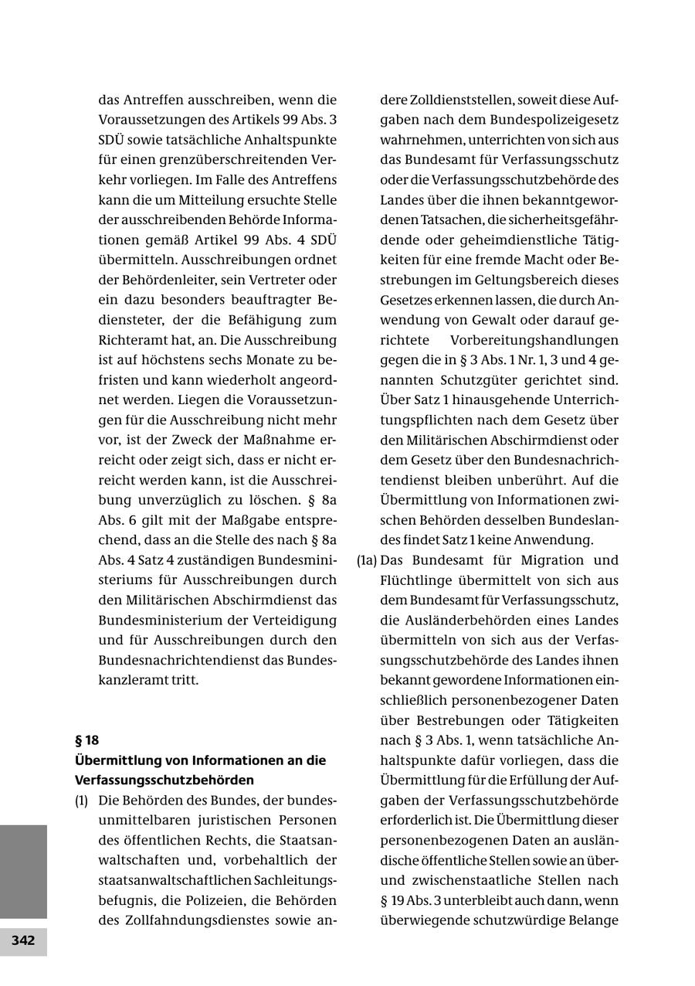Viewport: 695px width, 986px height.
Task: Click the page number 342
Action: click(23, 940)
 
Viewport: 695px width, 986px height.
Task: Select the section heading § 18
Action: click(86, 739)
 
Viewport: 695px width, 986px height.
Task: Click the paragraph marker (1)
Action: click(81, 801)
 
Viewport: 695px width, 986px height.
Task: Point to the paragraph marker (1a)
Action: click(366, 559)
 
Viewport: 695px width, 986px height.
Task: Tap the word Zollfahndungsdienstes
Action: click(192, 920)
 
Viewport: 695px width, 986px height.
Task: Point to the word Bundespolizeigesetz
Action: click(554, 120)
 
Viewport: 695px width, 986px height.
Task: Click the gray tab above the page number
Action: click(23, 871)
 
